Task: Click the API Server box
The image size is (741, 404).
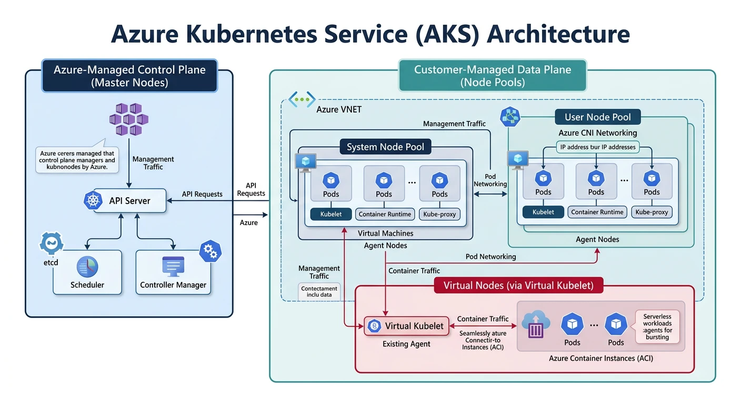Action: pos(129,200)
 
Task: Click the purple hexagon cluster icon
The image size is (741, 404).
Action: pos(129,119)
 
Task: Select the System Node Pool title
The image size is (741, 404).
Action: pos(385,147)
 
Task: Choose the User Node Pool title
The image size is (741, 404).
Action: pos(597,117)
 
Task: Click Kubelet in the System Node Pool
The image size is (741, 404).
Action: pos(331,214)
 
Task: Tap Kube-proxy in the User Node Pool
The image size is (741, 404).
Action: pos(652,212)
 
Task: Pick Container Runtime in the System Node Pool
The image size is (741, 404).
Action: pos(385,214)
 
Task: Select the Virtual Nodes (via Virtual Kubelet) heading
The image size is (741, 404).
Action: pos(518,286)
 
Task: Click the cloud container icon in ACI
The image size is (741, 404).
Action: pos(535,324)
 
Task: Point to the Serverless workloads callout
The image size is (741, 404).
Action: pos(657,327)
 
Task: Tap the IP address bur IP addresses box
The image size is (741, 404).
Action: pos(598,147)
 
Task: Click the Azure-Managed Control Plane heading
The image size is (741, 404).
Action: pos(129,76)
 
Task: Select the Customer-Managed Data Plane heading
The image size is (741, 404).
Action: pos(492,76)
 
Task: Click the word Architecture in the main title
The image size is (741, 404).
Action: pos(558,34)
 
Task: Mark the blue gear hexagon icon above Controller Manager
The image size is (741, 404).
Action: pos(210,250)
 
